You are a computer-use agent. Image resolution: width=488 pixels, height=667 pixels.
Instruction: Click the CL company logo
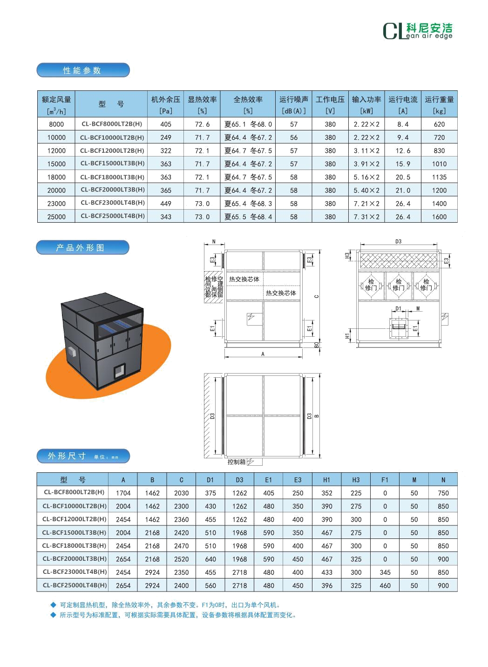pyautogui.click(x=418, y=31)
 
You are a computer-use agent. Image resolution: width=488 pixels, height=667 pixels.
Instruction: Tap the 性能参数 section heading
pyautogui.click(x=83, y=70)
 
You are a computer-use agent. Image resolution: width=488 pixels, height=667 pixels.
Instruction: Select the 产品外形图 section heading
pyautogui.click(x=82, y=247)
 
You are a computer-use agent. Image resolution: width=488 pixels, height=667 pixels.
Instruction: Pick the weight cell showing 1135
pyautogui.click(x=439, y=177)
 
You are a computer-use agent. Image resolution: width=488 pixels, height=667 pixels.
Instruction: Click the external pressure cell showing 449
pyautogui.click(x=166, y=204)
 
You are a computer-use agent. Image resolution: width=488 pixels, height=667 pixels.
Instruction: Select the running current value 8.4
pyautogui.click(x=403, y=124)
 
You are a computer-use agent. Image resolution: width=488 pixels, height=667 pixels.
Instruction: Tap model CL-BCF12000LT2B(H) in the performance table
pyautogui.click(x=112, y=150)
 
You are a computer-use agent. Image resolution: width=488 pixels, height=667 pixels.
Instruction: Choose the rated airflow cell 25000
pyautogui.click(x=56, y=217)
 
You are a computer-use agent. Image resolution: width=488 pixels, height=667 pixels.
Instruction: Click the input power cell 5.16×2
pyautogui.click(x=366, y=177)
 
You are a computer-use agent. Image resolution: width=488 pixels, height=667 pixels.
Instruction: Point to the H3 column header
pyautogui.click(x=356, y=480)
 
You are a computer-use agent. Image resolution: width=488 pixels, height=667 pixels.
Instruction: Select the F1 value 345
pyautogui.click(x=385, y=572)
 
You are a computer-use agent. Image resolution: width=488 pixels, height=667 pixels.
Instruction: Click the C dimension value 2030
pyautogui.click(x=181, y=493)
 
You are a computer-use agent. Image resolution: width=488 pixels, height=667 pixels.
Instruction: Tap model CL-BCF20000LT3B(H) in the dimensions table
pyautogui.click(x=74, y=559)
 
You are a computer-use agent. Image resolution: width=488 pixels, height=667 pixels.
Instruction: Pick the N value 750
pyautogui.click(x=443, y=493)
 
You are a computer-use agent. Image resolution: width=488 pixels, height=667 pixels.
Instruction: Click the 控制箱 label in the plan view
pyautogui.click(x=237, y=462)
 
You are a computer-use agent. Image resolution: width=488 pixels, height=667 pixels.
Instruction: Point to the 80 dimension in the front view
pyautogui.click(x=316, y=345)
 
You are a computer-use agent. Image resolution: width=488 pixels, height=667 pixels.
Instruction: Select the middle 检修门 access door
pyautogui.click(x=399, y=285)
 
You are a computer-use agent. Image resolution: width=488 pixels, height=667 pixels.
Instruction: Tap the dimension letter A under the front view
pyautogui.click(x=263, y=354)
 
